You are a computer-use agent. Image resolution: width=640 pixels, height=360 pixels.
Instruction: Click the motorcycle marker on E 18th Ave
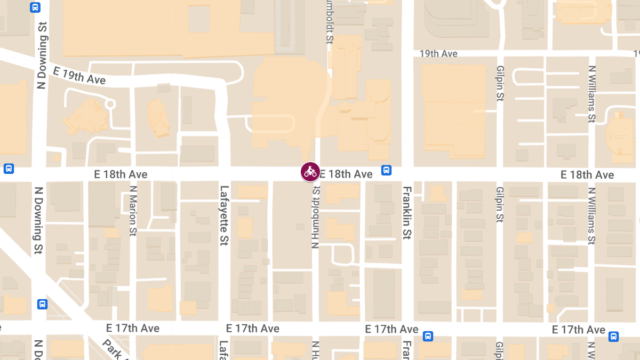pos(310,172)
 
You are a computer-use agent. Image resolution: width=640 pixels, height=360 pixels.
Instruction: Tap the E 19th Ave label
pos(79,75)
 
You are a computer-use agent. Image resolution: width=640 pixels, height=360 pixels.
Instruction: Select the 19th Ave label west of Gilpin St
pos(438,54)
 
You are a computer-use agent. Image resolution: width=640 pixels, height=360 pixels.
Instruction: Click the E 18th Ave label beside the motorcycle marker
pos(346,174)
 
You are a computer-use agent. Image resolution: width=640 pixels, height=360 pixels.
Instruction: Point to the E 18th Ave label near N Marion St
pos(121,174)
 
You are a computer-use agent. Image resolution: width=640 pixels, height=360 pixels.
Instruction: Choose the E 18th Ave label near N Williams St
pos(587,175)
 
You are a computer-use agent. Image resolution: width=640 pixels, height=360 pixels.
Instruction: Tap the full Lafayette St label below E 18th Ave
pos(224,215)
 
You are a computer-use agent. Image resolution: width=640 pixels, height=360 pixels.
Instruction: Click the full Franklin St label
pos(407,213)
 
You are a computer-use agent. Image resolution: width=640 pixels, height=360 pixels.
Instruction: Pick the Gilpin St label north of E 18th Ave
pos(500,83)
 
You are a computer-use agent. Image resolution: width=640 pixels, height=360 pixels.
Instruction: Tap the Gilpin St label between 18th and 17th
pos(500,204)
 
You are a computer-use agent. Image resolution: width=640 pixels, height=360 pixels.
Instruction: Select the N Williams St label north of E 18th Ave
pos(591,94)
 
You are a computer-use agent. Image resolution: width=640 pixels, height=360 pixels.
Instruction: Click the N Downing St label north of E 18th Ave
pos(42,56)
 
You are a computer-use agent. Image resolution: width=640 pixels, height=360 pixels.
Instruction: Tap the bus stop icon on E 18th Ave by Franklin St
pos(387,170)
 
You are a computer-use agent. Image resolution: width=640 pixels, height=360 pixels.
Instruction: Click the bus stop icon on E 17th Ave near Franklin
pos(428,336)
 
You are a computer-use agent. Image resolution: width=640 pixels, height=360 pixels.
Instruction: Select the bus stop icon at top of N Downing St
pos(35,7)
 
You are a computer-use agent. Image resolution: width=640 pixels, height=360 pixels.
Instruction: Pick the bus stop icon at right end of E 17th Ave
pos(614,337)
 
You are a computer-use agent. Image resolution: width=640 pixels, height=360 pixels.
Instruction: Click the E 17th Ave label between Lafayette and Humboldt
pos(253,329)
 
